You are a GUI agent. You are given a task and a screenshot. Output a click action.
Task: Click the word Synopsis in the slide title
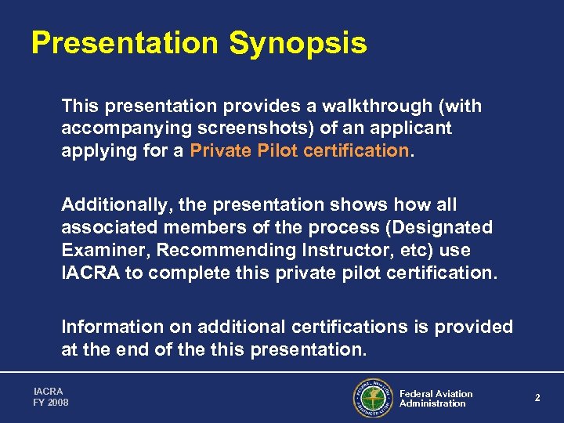[x=298, y=44]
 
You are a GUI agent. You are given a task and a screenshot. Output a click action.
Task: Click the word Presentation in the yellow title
[x=125, y=43]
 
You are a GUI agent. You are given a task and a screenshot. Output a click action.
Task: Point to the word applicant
[x=410, y=128]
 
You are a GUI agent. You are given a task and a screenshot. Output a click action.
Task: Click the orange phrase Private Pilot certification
[x=299, y=150]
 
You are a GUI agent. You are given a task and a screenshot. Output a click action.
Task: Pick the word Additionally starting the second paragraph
[x=116, y=205]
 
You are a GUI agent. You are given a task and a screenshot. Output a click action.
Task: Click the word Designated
[x=445, y=227]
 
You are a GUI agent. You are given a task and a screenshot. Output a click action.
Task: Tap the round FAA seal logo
[x=372, y=398]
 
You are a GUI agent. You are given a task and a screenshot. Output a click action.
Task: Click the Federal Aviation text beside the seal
[x=436, y=393]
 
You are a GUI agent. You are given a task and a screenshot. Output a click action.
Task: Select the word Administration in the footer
[x=432, y=403]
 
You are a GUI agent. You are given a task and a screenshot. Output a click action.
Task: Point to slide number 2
[x=537, y=398]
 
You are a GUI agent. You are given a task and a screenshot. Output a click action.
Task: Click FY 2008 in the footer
[x=51, y=403]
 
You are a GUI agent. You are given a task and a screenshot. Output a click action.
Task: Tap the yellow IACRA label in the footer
[x=48, y=391]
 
